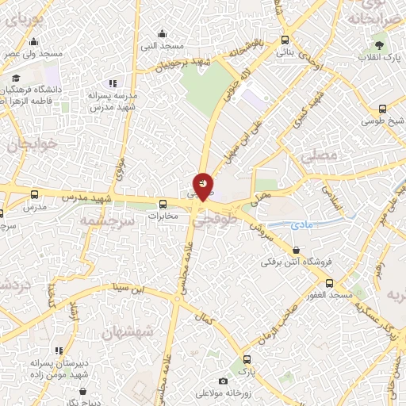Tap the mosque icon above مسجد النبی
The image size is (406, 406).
click(163, 33)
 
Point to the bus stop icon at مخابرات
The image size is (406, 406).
click(163, 203)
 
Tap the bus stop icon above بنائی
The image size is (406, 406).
click(285, 39)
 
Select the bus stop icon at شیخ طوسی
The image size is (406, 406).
click(383, 109)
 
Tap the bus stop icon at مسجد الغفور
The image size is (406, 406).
click(329, 284)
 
